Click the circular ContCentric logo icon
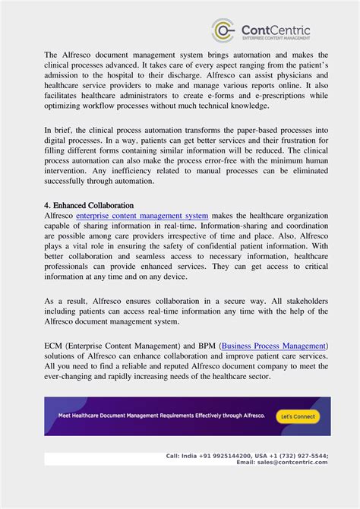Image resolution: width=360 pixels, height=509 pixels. click(223, 30)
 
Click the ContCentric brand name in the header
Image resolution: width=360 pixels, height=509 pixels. click(276, 28)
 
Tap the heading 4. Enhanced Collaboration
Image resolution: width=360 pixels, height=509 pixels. click(89, 205)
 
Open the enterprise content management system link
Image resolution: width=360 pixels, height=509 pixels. click(142, 217)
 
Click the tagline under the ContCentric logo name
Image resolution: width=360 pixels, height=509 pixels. click(276, 37)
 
